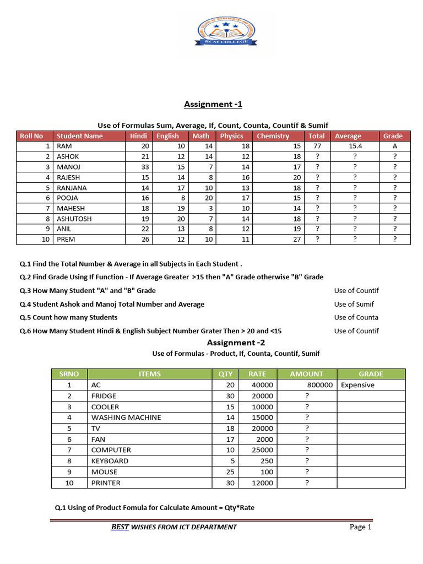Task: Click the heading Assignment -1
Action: tap(213, 104)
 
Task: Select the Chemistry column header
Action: tap(273, 136)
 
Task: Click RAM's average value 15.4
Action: tap(355, 147)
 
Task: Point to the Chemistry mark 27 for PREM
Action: tap(297, 240)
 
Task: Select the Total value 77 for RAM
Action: tap(316, 147)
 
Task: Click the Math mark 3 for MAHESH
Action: tap(210, 208)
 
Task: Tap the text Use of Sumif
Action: tap(354, 304)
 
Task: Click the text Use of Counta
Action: tap(356, 317)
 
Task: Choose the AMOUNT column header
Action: tap(307, 374)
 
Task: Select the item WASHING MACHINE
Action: tap(126, 417)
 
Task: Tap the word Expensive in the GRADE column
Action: tap(357, 385)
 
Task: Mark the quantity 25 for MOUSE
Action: tap(230, 472)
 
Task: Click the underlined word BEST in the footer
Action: tap(120, 527)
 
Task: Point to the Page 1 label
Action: tap(361, 527)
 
